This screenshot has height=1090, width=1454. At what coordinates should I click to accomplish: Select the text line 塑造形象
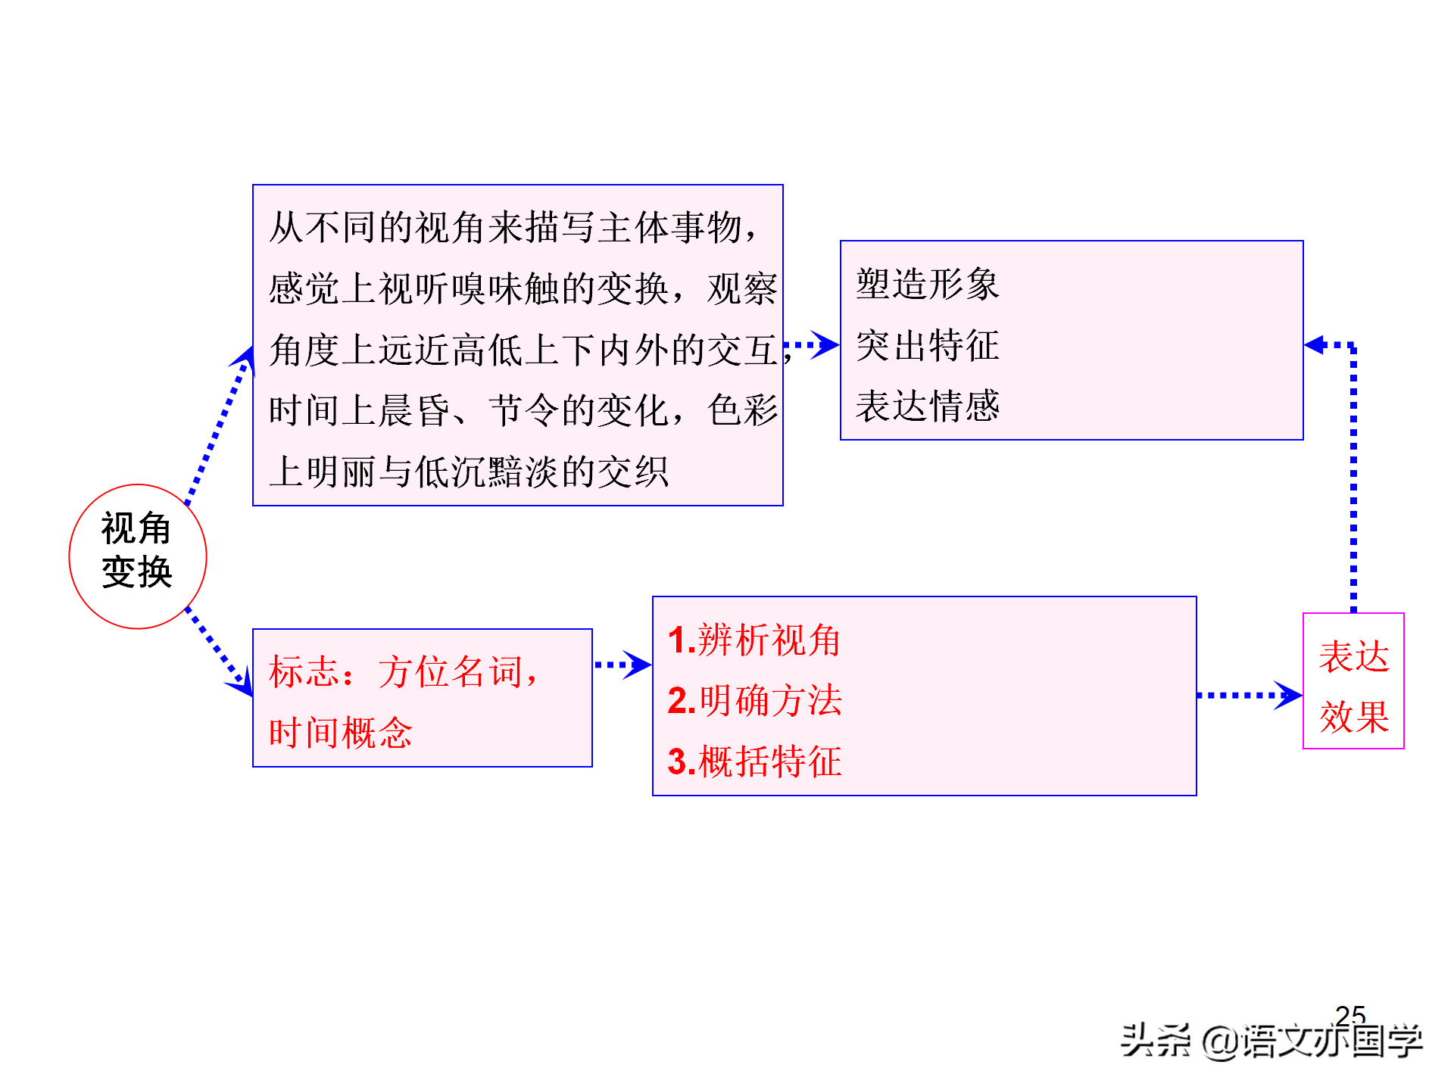928,285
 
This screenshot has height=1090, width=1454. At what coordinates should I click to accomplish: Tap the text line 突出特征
928,345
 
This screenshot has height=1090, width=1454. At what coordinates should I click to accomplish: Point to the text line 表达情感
928,406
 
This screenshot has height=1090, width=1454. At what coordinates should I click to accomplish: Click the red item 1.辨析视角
754,640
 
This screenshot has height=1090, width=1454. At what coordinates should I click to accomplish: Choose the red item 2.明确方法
754,701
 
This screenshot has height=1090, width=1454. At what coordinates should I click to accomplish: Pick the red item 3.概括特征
754,761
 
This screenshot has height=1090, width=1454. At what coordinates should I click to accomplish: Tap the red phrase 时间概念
341,733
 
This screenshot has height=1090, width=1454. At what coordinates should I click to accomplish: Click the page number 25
1350,1014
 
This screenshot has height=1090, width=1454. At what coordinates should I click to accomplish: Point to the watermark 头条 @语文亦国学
1271,1041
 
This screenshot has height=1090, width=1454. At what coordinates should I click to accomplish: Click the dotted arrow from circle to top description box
220,425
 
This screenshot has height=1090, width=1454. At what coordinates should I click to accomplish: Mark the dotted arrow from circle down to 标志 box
219,652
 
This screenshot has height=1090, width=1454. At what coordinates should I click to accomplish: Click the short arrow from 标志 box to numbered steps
622,665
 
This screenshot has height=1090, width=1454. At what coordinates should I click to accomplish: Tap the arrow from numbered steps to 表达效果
1250,695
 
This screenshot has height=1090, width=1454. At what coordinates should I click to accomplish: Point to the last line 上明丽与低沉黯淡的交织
469,472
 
